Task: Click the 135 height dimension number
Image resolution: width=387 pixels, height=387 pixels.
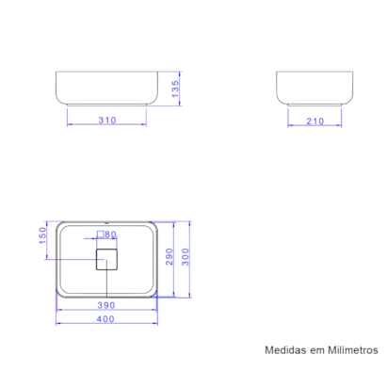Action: (174, 89)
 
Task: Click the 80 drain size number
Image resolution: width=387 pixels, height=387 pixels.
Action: (109, 234)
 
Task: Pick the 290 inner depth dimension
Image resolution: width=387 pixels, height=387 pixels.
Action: (170, 258)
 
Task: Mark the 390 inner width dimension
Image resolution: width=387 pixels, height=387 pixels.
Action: (105, 306)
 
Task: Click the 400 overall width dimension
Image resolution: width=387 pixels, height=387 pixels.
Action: (105, 319)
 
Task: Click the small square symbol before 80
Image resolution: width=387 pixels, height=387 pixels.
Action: (100, 234)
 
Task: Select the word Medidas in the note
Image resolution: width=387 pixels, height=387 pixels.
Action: (282, 350)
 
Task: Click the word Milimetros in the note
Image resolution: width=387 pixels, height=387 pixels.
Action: (348, 350)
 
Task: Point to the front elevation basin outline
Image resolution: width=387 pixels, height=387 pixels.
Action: (105, 88)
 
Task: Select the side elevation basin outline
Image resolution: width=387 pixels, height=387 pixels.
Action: (315, 88)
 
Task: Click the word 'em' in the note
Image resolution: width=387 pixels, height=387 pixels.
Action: (313, 350)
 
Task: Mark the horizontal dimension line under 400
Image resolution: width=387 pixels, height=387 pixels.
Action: (105, 325)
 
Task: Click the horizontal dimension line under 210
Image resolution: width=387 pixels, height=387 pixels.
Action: (315, 125)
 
